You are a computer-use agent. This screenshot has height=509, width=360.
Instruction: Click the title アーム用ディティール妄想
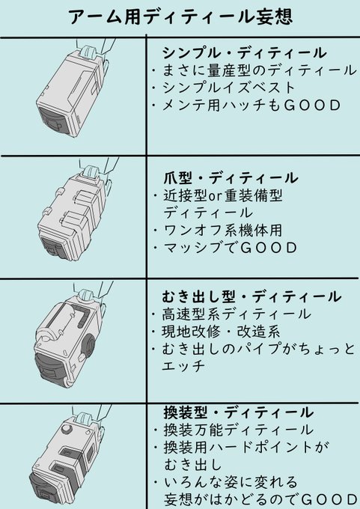180,16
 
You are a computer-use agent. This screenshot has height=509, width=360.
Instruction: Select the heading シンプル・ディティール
245,53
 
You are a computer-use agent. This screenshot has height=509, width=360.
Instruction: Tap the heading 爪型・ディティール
231,178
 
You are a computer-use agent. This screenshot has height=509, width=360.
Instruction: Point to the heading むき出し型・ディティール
251,296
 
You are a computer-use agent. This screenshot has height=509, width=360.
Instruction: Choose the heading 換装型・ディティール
238,412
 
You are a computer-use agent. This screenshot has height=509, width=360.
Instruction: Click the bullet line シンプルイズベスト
228,88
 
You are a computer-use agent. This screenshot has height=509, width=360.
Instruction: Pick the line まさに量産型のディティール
259,70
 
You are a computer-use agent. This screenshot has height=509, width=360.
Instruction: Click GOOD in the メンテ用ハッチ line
312,106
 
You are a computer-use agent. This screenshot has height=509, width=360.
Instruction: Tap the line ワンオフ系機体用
223,231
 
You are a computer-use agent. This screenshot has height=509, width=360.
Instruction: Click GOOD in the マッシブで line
269,248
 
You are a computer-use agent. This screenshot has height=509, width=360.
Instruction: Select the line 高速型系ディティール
237,314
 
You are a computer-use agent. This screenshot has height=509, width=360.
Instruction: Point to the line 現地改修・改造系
221,332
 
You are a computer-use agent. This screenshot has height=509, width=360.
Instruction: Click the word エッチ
183,366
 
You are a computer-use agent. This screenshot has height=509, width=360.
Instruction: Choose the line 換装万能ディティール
238,430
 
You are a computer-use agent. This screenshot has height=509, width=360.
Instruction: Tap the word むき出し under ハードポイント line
193,465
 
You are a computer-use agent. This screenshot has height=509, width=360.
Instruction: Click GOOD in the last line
329,499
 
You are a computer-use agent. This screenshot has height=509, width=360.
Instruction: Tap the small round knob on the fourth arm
66,429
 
